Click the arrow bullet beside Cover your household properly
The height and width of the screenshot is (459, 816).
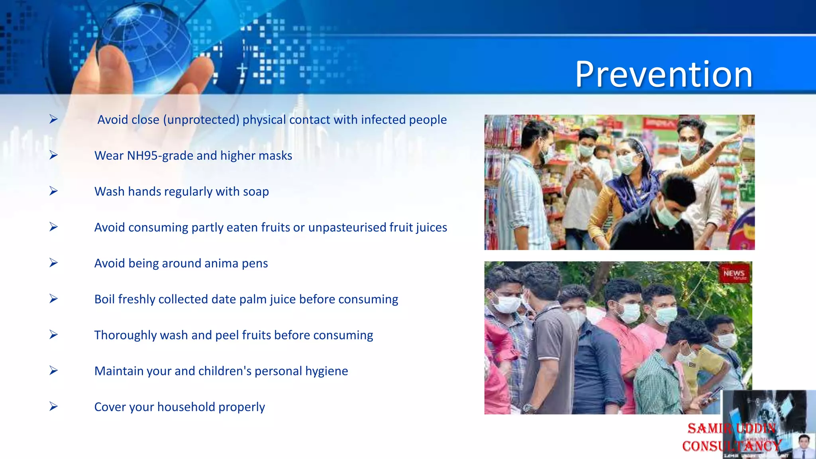[53, 406]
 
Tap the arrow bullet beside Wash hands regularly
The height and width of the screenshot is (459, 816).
[53, 191]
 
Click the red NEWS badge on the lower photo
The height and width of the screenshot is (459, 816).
[734, 274]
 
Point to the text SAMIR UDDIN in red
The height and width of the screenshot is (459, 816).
[731, 429]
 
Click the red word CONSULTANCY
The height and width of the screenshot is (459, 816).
[731, 446]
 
